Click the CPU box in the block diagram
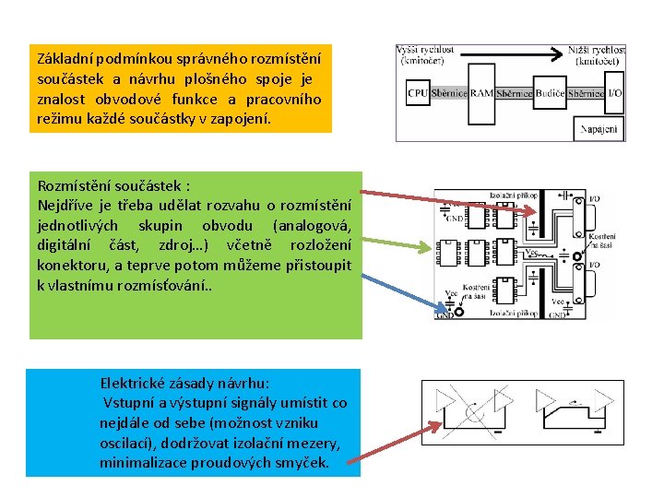pos(418,92)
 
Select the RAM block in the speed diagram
pos(481,92)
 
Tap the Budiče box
pos(551,92)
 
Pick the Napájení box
pos(599,129)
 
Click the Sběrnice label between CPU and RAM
pos(449,92)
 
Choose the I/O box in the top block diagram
pos(615,92)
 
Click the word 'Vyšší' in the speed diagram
pos(411,49)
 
